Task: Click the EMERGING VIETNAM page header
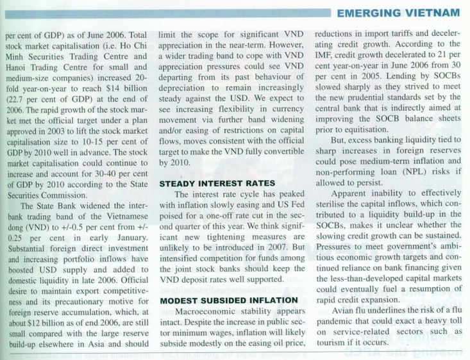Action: click(x=398, y=13)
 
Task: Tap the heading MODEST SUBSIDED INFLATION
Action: click(x=229, y=300)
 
